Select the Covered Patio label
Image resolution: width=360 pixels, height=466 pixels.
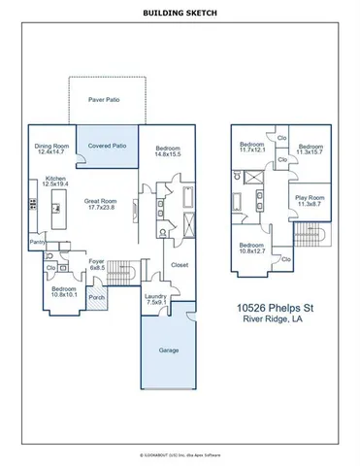point(107,146)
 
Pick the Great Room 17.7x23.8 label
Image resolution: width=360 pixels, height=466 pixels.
point(100,204)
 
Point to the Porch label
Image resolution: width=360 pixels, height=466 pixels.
point(96,297)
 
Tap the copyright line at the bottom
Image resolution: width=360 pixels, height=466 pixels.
point(180,453)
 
